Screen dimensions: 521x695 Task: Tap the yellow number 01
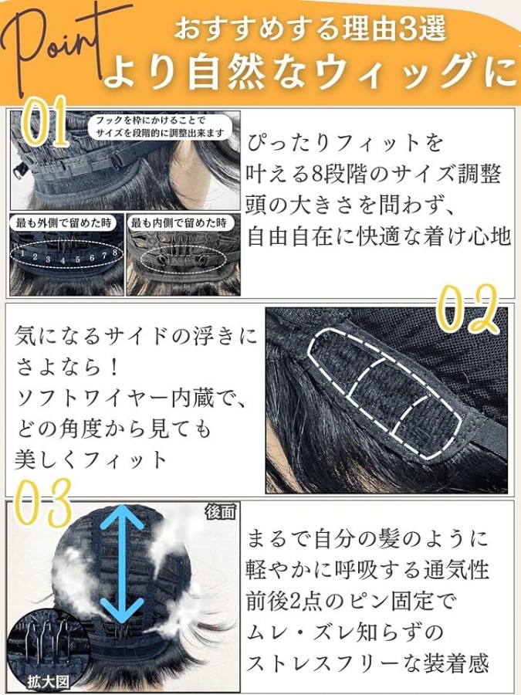[x=44, y=122]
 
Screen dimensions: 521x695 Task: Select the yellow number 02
[x=470, y=308]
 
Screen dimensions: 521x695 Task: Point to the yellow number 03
[x=43, y=503]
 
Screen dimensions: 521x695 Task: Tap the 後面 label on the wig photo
[x=219, y=513]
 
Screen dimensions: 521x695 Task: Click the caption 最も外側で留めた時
[x=64, y=222]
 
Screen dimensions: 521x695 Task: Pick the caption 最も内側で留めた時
[x=178, y=222]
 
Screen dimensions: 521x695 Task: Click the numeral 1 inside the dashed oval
[x=22, y=253]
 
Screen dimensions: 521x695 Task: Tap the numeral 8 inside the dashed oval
[x=115, y=253]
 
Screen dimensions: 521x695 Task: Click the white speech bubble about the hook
[x=160, y=127]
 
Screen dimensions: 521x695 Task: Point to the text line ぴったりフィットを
[x=345, y=143]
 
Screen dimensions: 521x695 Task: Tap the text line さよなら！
[x=68, y=368]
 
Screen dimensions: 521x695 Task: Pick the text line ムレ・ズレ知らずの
[x=345, y=632]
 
